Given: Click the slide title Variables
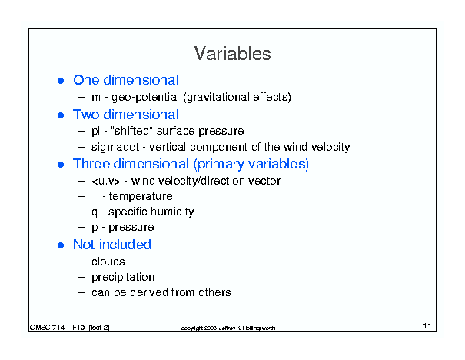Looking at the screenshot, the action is [232, 54].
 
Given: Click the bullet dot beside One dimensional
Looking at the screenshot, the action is [61, 81].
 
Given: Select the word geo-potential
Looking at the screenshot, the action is [145, 98].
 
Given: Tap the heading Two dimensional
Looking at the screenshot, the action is [126, 115].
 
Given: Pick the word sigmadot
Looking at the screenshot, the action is [115, 147].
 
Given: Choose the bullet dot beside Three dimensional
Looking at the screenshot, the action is [61, 165].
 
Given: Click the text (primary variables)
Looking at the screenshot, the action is [251, 164].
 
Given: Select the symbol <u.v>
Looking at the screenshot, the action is [106, 181].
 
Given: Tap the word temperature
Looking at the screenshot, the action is [141, 196].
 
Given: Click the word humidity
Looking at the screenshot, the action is [172, 212].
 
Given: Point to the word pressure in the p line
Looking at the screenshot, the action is [131, 228].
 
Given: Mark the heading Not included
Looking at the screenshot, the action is [112, 245].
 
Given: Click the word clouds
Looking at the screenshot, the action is [108, 262].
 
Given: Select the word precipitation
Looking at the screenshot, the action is [123, 277].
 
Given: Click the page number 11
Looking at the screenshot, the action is [427, 326].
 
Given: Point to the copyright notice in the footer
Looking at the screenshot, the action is [228, 328].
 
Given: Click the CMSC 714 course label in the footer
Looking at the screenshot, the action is [69, 328].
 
